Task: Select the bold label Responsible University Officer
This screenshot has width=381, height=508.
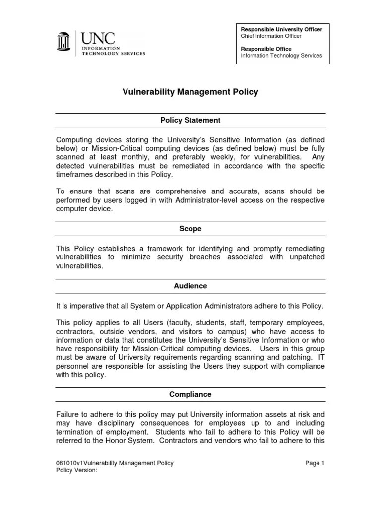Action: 281,30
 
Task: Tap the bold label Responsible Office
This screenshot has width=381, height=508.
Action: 266,49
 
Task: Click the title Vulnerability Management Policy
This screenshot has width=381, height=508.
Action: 190,92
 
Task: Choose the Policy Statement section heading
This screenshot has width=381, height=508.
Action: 190,120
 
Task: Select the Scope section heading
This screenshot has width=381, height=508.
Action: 190,229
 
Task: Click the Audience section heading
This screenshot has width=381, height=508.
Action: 190,286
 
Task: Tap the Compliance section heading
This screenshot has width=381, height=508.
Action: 190,394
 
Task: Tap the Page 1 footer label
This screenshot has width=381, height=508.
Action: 315,463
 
